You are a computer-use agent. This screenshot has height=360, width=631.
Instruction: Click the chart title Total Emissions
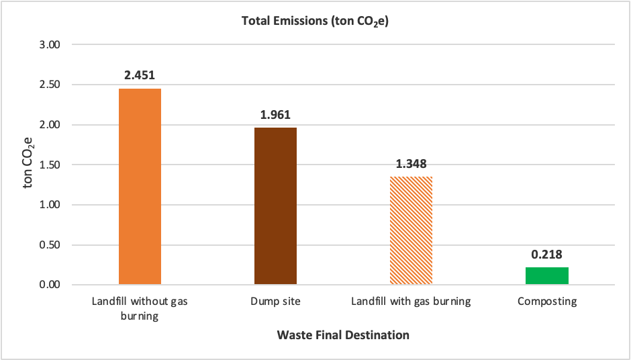(315, 21)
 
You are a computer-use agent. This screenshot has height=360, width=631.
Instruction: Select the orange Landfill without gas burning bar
(140, 187)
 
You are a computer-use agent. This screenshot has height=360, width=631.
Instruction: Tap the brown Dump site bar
(275, 206)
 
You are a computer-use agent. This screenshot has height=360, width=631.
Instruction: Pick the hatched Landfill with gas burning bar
(411, 230)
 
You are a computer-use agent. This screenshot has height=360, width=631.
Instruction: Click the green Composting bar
(546, 275)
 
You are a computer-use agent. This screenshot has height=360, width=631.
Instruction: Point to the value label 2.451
(140, 75)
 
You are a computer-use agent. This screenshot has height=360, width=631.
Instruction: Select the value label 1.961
(275, 114)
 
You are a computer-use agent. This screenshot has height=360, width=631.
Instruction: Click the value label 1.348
(411, 163)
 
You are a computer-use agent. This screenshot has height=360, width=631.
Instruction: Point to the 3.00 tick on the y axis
(51, 45)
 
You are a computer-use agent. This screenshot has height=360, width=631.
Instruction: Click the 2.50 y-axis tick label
(51, 85)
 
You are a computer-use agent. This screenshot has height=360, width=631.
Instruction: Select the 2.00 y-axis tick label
(51, 125)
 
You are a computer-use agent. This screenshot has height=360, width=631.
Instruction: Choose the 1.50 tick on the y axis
(51, 165)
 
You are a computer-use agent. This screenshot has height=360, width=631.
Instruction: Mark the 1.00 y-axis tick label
(51, 205)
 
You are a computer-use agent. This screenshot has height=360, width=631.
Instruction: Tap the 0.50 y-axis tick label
(51, 244)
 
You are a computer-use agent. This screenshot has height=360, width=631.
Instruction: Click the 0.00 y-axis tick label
(51, 285)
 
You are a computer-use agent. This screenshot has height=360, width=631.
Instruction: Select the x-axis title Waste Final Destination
(343, 334)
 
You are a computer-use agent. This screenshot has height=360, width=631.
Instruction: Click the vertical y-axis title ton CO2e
(28, 165)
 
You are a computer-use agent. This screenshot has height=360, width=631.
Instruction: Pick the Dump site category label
(275, 302)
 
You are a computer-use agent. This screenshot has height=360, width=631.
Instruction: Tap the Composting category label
(546, 302)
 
